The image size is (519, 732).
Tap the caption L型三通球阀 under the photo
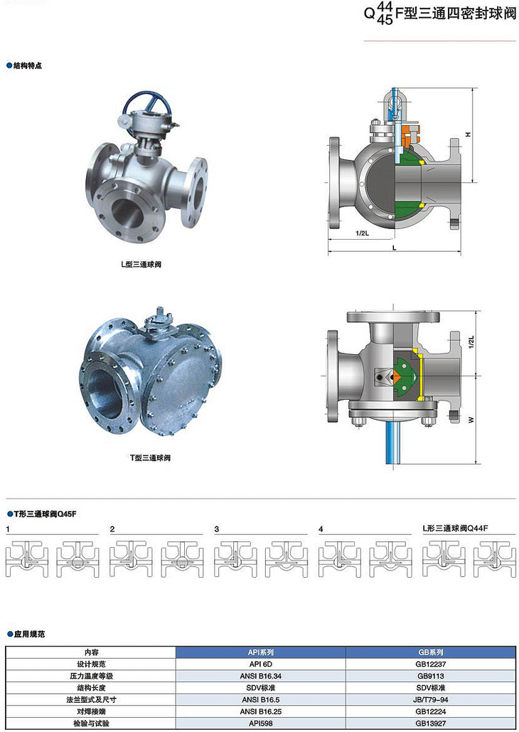[141, 265]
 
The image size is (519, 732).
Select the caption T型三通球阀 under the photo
[150, 458]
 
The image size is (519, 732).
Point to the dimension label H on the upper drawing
[468, 134]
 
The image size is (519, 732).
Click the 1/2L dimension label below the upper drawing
[362, 233]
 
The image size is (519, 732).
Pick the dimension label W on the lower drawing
[471, 420]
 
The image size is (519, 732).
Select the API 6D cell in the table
[261, 664]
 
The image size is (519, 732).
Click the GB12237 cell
[431, 664]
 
